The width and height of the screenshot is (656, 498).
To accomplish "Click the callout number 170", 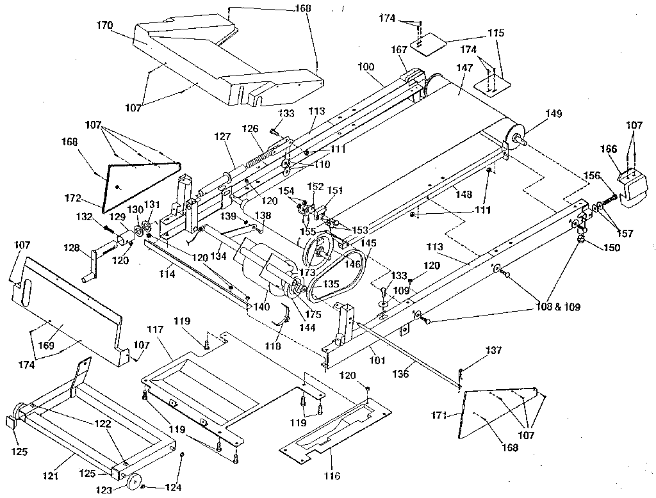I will [105, 26].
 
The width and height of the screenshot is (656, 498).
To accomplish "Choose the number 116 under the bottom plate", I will [332, 476].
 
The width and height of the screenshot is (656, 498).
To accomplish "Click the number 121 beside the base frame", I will [50, 476].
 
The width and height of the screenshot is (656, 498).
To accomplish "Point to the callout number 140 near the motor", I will [261, 307].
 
